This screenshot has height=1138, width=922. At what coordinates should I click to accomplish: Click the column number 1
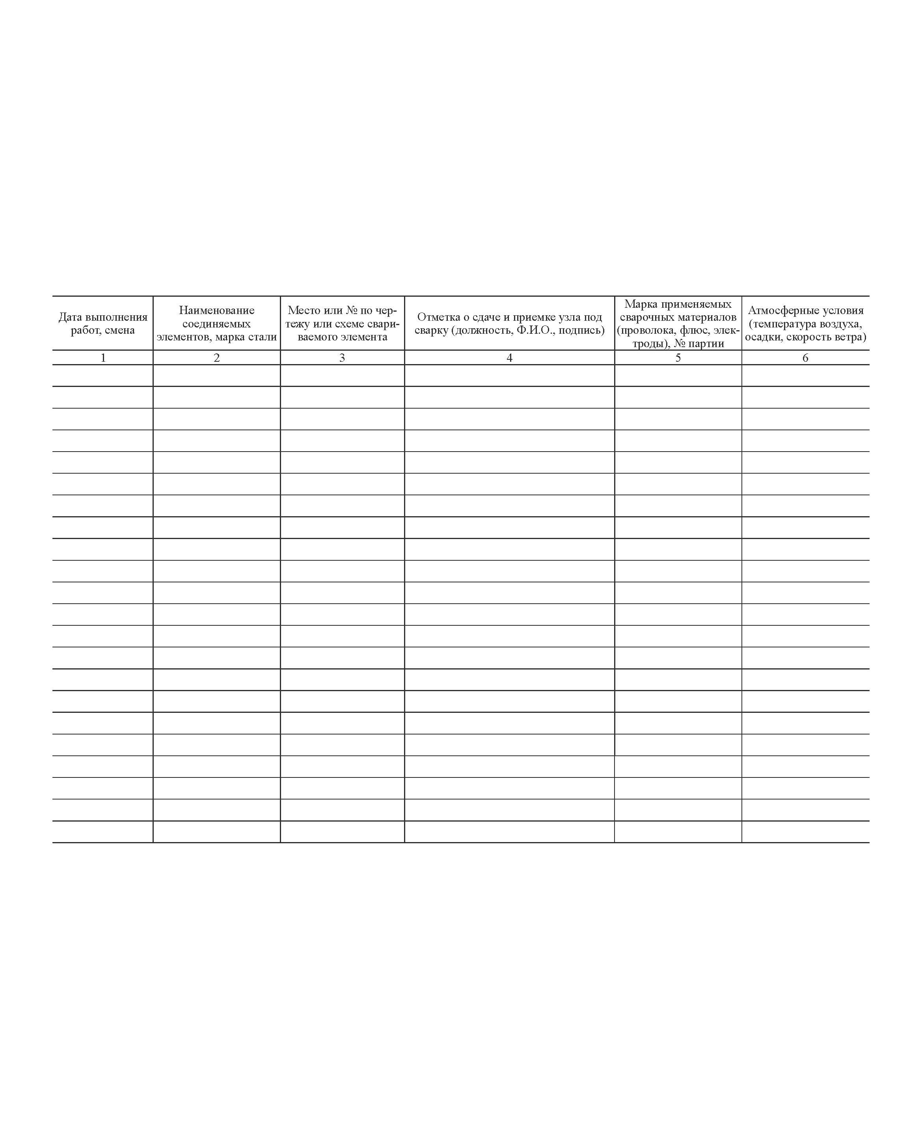click(103, 358)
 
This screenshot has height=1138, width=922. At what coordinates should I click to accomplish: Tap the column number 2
click(217, 358)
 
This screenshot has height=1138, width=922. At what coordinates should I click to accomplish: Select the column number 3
click(342, 358)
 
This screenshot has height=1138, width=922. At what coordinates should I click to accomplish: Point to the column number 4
click(509, 358)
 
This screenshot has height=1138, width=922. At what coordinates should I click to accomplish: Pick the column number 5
click(678, 358)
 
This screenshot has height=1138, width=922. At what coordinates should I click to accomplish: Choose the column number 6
click(805, 358)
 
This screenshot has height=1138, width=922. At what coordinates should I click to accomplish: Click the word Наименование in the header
click(217, 311)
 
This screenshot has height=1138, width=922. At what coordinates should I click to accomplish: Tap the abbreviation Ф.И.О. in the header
click(535, 330)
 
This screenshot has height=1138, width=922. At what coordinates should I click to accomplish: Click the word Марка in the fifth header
click(641, 304)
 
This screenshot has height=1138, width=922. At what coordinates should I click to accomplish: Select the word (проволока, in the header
click(646, 330)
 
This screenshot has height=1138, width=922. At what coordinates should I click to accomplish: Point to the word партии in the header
click(706, 344)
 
